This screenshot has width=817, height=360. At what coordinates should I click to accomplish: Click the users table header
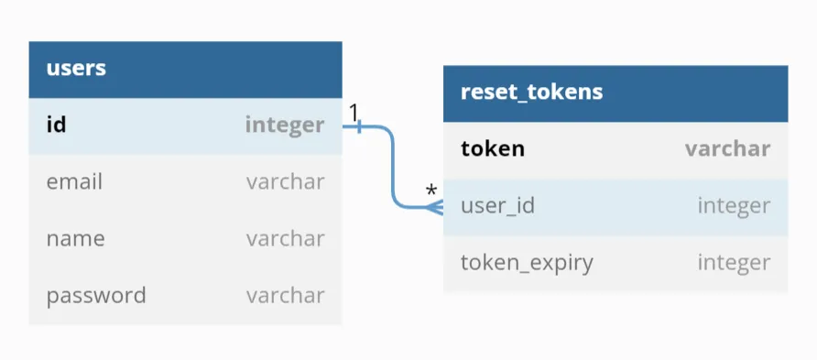pos(76,68)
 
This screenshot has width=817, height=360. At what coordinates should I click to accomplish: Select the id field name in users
pos(56,125)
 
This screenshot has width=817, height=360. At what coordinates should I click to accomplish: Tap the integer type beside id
pos(284,125)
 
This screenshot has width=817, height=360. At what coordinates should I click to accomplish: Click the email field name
pos(74,181)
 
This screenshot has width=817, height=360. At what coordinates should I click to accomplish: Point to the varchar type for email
pos(285,181)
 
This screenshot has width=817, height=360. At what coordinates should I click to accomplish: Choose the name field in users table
pos(75,238)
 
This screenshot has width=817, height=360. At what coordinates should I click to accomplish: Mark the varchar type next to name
pos(285,238)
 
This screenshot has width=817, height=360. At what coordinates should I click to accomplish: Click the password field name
pos(96,295)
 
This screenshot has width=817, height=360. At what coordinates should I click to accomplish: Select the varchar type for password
pos(285,295)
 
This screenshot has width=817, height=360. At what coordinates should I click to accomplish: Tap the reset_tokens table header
pos(531,93)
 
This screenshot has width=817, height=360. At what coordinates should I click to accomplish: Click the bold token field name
pos(493,148)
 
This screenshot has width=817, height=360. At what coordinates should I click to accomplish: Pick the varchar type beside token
pos(727,148)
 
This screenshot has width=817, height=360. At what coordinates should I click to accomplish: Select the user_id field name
pos(497,205)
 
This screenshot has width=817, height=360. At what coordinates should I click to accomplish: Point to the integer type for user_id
pos(734,205)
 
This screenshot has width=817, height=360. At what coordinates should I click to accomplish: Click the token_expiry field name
pos(527,263)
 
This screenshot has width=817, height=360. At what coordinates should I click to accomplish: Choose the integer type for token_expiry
pos(734,263)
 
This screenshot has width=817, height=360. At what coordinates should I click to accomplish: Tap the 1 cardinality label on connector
pos(354,112)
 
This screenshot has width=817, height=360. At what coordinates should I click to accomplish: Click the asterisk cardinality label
pos(430,191)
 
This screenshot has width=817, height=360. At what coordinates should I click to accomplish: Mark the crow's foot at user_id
pos(435,206)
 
